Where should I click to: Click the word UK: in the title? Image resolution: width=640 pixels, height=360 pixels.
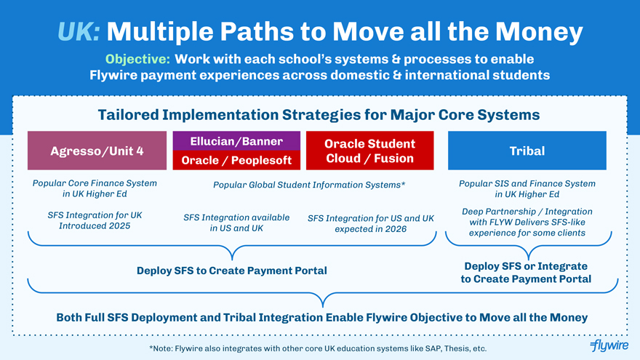[x=79, y=32]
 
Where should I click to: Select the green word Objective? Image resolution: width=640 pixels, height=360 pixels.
[x=137, y=59]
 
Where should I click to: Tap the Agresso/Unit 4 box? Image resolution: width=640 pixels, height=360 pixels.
[x=97, y=151]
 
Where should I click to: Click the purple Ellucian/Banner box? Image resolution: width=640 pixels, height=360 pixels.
[x=236, y=141]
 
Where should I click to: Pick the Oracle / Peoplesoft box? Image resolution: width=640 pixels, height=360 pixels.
[x=236, y=160]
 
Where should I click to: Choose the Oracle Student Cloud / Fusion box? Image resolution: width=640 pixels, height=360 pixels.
[x=369, y=151]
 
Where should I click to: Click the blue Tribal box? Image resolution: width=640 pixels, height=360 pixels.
[x=527, y=151]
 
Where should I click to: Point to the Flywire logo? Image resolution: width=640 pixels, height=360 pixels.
[x=609, y=345]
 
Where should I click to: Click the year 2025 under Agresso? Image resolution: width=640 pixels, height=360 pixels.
[x=119, y=225]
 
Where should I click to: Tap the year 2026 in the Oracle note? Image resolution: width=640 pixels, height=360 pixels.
[x=395, y=229]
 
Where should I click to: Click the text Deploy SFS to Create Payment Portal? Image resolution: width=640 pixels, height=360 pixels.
[x=232, y=271]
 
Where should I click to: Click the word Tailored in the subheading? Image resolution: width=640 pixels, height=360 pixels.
[x=128, y=115]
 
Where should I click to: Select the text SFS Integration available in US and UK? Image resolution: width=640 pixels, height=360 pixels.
[x=236, y=223]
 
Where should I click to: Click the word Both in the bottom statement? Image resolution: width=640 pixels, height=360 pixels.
[x=69, y=318]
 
